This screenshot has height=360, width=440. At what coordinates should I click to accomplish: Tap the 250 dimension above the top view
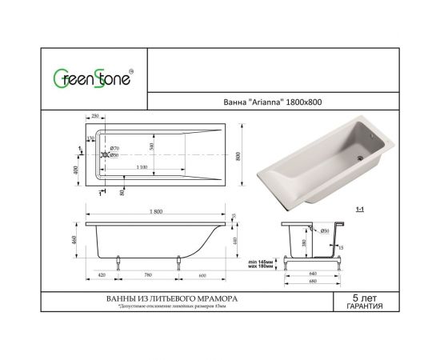point(95,117)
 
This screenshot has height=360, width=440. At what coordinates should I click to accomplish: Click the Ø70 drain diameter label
point(114,149)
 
